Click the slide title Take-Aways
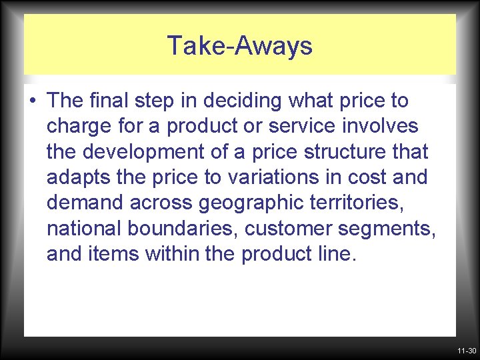[x=239, y=46]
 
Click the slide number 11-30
[x=466, y=351]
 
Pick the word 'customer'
[x=288, y=229]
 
